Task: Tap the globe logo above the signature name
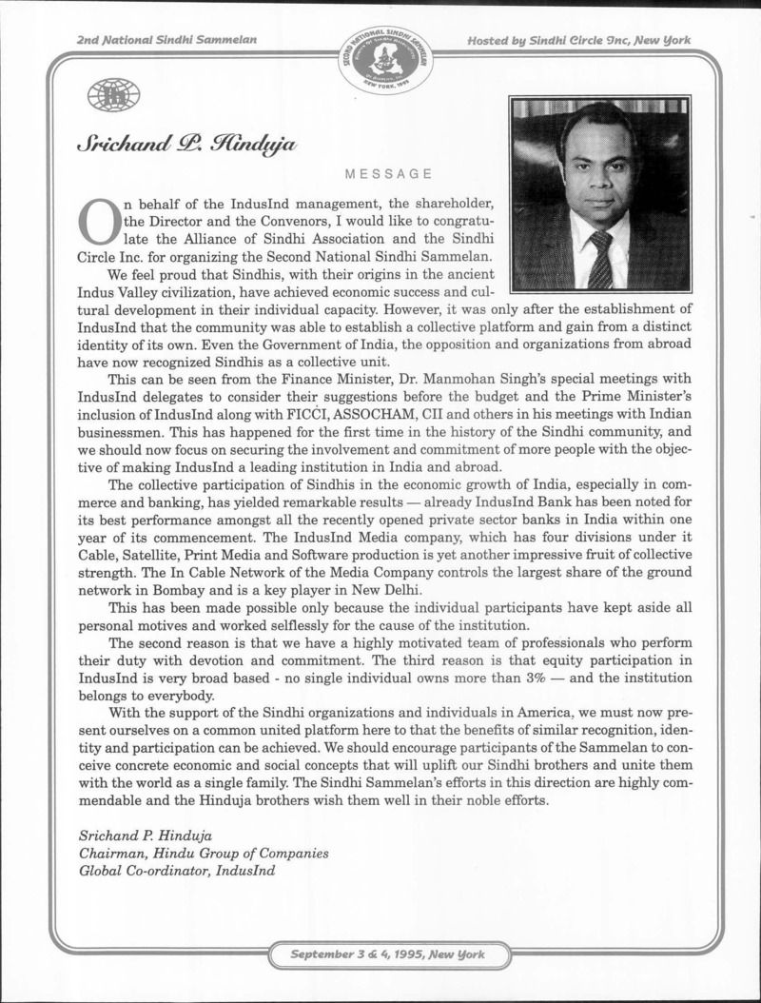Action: [113, 94]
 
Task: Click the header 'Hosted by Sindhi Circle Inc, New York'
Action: [579, 40]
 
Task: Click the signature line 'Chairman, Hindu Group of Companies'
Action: [203, 853]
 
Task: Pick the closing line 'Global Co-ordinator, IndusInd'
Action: [180, 871]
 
